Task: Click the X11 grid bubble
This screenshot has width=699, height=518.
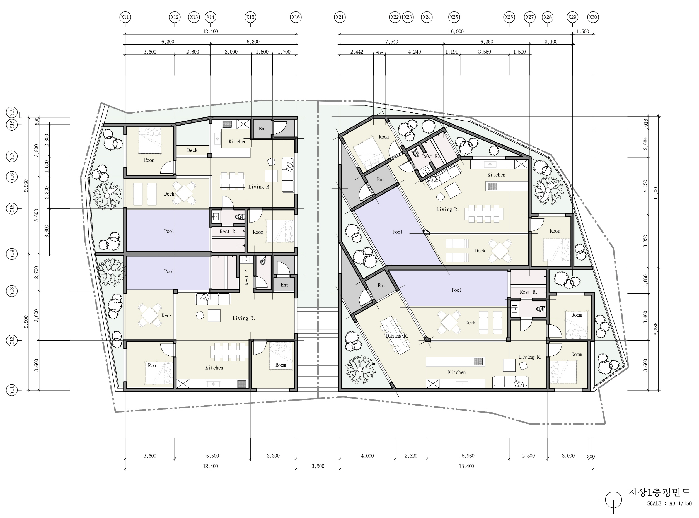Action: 125,17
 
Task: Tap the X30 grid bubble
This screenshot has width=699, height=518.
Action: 593,17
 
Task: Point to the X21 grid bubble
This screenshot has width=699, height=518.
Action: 340,17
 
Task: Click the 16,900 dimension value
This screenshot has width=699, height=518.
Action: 456,31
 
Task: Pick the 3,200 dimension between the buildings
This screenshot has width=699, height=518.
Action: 318,466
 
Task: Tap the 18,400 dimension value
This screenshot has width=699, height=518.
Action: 466,466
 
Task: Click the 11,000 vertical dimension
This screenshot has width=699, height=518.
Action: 656,192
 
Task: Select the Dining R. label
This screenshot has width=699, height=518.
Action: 397,336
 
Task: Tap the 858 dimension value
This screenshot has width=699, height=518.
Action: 379,52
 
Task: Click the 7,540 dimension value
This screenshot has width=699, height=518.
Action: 392,42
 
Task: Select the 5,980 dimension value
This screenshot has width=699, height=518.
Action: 468,456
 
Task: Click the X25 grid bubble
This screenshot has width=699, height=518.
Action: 454,17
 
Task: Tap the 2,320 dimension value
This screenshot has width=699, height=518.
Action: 411,456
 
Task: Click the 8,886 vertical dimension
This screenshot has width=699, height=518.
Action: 656,329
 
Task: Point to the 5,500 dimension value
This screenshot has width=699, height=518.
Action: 212,456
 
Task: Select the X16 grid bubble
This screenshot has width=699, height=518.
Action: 296,17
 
